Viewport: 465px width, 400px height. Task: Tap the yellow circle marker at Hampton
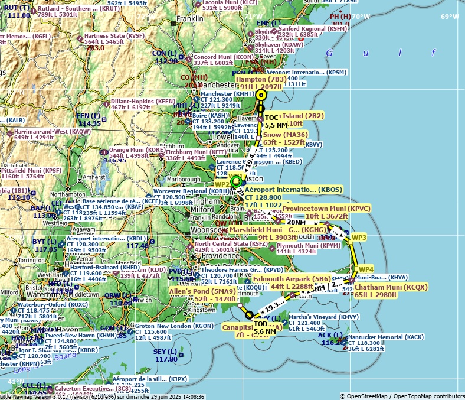pos(261,95)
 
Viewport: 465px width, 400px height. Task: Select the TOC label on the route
pos(271,118)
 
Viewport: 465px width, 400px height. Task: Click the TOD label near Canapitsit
pos(261,324)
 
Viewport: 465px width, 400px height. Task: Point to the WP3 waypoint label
pos(359,238)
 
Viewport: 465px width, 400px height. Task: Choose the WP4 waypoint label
pos(366,269)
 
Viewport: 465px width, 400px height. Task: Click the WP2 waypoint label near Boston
pos(222,184)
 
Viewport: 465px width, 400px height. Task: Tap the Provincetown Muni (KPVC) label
pos(326,209)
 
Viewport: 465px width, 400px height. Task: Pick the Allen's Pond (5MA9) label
pos(203,291)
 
